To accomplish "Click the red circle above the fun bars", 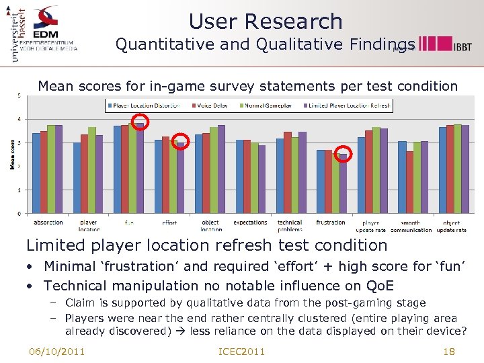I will pos(141,122).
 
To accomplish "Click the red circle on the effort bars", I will pos(180,141).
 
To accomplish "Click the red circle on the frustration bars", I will pos(344,153).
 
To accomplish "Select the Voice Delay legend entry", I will pos(212,106).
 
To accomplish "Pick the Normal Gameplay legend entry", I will pos(263,106).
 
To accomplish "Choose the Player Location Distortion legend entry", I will pos(142,106).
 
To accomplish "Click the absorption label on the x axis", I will pos(48,223).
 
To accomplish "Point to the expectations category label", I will pos(250,223).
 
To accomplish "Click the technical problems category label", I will pos(290,226).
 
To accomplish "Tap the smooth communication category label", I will pos(411,226).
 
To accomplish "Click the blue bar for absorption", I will pos(36,173).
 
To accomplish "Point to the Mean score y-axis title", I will pos(12,154).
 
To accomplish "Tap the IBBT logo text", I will pos(462,46).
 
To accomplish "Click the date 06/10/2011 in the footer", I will pos(56,351).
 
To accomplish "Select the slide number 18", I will pos(449,351).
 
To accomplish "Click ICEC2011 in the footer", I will pos(242,351).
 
